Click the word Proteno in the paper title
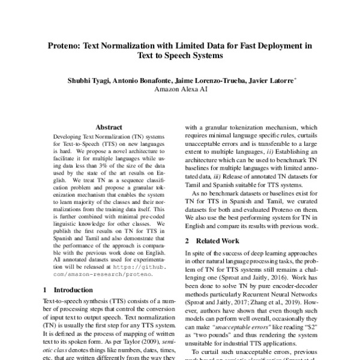[x=67, y=45]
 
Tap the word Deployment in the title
[x=278, y=45]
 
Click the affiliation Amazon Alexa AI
[x=179, y=91]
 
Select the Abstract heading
[x=109, y=127]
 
